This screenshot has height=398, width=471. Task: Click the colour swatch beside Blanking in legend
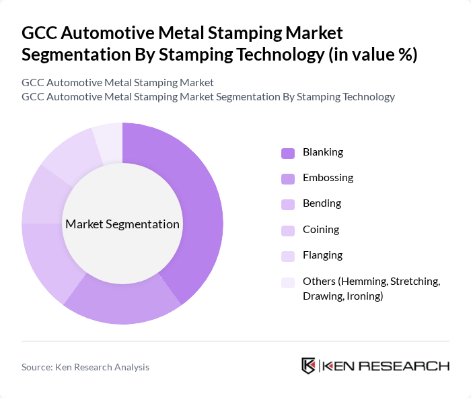click(x=288, y=153)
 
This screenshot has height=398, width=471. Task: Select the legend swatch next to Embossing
click(x=288, y=178)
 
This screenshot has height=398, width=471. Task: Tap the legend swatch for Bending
click(x=288, y=204)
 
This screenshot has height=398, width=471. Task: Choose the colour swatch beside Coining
click(x=288, y=230)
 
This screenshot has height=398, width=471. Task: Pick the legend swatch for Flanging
click(x=288, y=255)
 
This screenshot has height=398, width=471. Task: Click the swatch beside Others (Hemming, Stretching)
click(x=288, y=282)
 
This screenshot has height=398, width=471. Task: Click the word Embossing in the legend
click(x=328, y=178)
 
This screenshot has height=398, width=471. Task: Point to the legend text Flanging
click(x=322, y=255)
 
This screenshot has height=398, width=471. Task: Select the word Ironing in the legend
click(x=365, y=296)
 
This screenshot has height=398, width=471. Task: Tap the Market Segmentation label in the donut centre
click(x=122, y=224)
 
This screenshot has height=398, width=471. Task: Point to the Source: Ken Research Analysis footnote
click(x=85, y=367)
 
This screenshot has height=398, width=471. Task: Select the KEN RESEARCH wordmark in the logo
click(x=386, y=366)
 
